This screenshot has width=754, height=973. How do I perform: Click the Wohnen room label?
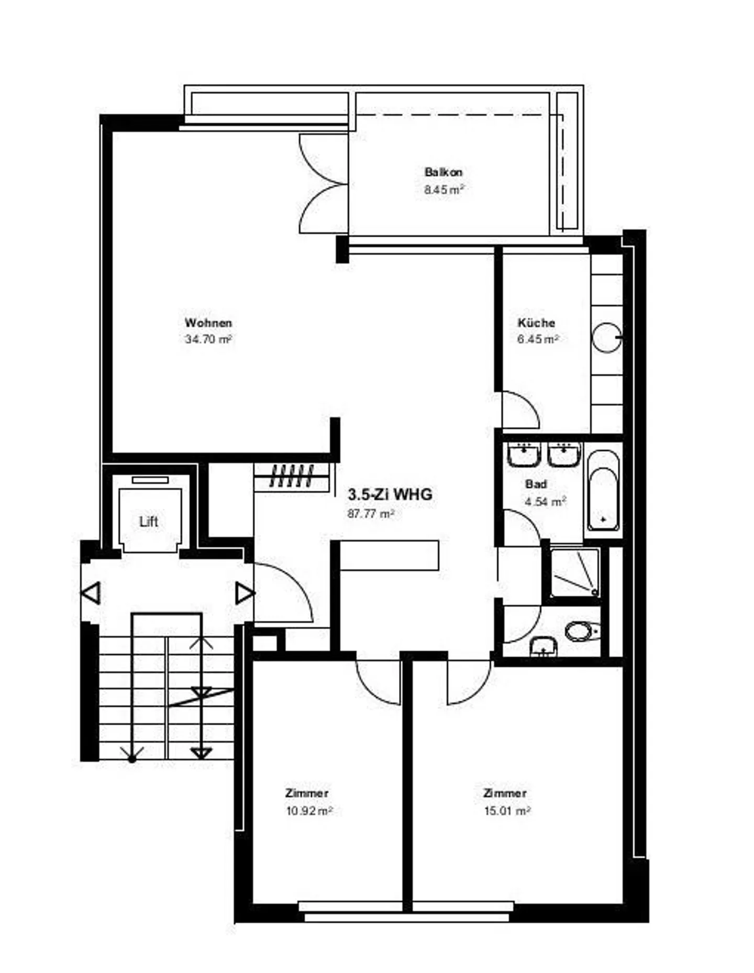pos(208,323)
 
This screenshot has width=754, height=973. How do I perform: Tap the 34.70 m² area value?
pos(208,339)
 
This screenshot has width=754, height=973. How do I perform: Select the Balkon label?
pos(443,172)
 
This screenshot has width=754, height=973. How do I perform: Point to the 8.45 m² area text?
pos(443,190)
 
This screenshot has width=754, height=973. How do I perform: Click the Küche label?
pos(536,323)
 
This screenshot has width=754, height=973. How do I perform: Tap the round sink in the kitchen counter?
pos(606,337)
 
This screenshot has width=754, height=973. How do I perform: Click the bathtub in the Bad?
pos(603,491)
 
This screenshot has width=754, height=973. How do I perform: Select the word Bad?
pos(536,484)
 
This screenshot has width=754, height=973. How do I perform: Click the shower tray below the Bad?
pos(574,572)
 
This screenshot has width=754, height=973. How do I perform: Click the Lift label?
pos(149,522)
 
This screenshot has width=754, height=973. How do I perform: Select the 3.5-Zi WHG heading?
pos(390,494)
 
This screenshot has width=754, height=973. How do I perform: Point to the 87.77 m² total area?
pos(370,514)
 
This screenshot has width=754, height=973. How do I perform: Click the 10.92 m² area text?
pos(309,811)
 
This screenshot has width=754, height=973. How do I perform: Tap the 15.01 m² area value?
pos(507,811)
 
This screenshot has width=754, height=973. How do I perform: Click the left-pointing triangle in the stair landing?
pos(91,593)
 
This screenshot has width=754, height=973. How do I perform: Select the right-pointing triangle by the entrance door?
pos(244,593)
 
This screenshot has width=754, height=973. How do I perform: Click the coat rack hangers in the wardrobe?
pos(292,476)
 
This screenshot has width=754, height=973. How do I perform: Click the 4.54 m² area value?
pos(545,502)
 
